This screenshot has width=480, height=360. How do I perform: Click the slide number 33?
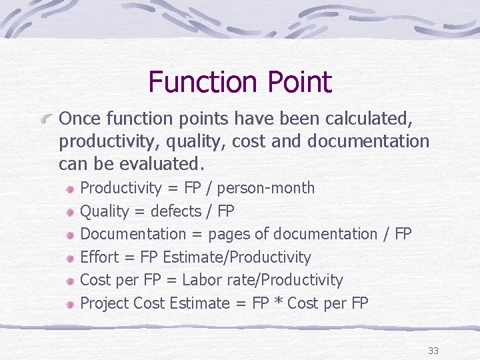[x=433, y=351]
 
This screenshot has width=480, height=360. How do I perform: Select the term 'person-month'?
[x=266, y=188]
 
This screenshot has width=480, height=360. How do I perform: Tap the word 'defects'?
[x=176, y=211]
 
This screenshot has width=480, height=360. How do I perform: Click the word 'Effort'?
[x=99, y=257]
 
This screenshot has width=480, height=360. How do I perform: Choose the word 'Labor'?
[x=221, y=280]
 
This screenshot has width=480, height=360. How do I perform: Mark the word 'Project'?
[x=105, y=303]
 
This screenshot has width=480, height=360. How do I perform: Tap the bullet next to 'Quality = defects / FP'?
[x=71, y=212]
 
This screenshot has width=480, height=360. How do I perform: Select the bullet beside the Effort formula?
[x=71, y=258]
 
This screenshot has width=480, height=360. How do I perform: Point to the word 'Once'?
[x=79, y=119]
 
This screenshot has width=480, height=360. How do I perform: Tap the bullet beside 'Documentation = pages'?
[x=71, y=235]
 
